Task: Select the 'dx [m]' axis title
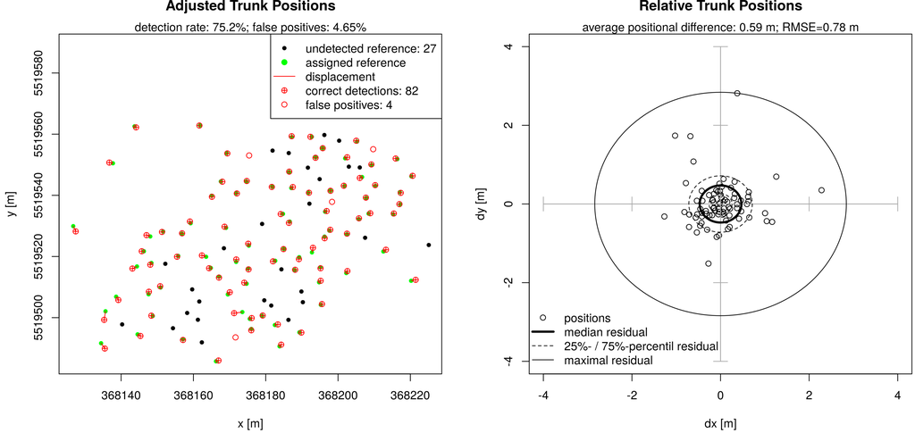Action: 720,423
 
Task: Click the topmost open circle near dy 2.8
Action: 737,93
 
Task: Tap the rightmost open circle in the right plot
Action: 821,190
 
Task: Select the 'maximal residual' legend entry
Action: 608,360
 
